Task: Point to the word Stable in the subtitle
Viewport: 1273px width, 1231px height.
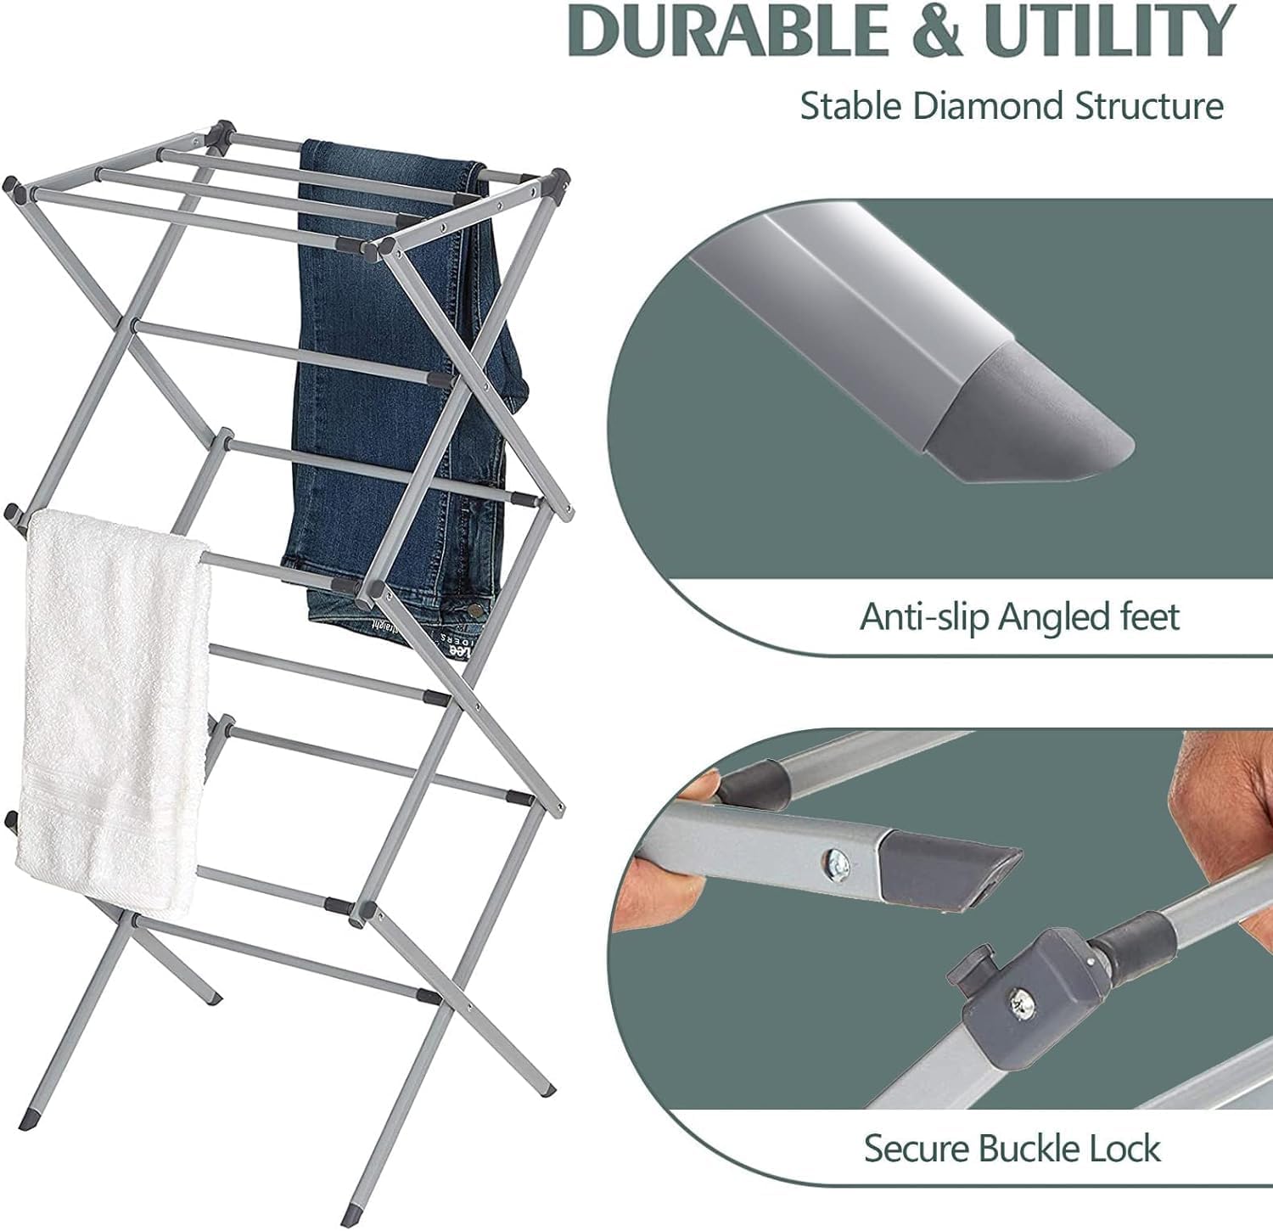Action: [x=851, y=107]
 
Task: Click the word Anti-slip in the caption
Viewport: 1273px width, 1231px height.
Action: [x=924, y=617]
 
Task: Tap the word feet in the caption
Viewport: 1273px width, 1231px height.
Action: [x=1147, y=616]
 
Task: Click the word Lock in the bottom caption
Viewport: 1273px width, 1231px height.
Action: [x=1126, y=1149]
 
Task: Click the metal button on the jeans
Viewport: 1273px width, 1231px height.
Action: [x=480, y=608]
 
